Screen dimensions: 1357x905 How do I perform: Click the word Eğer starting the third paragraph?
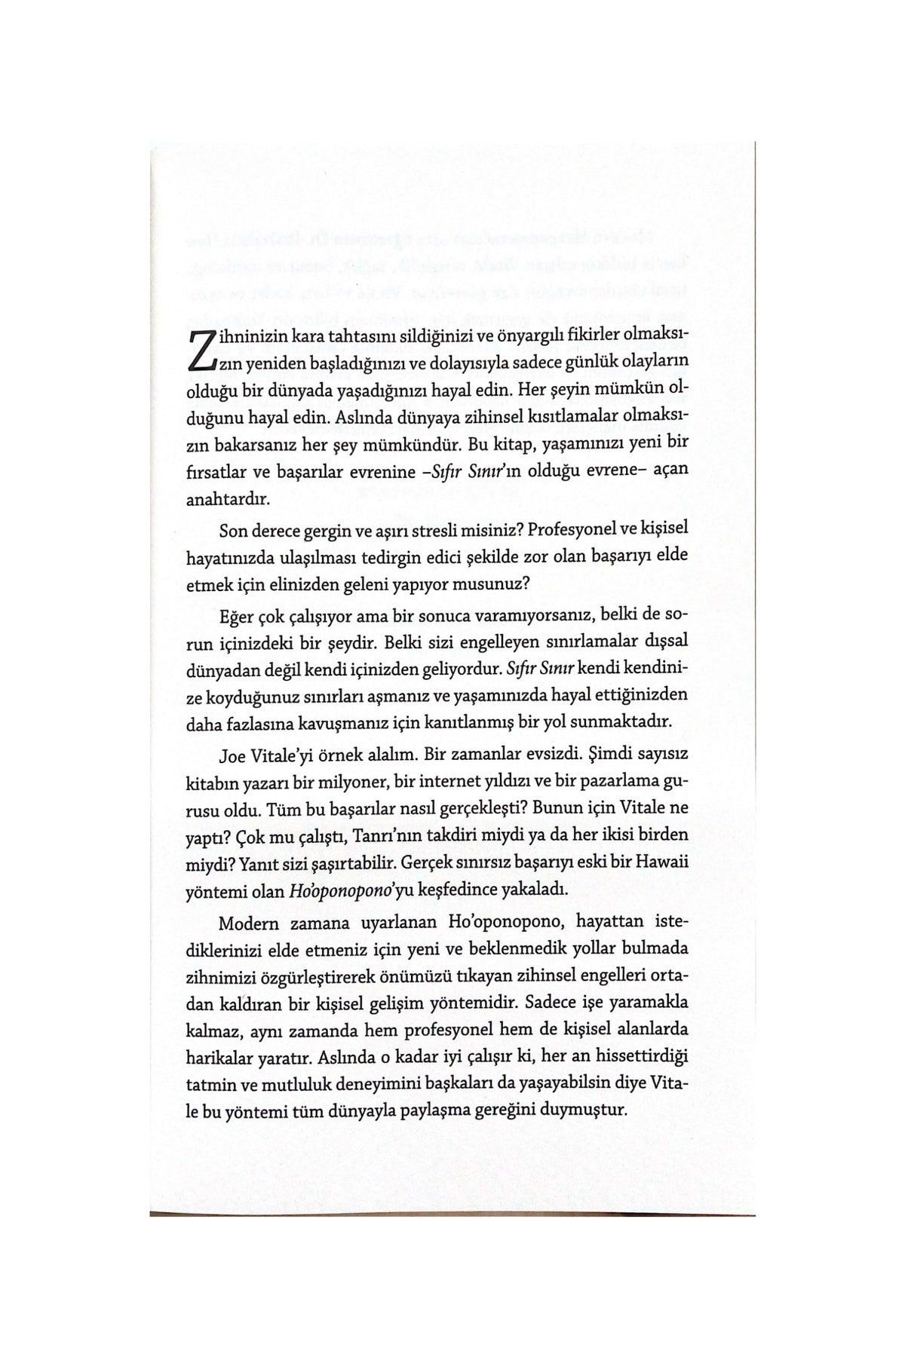pos(237,616)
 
